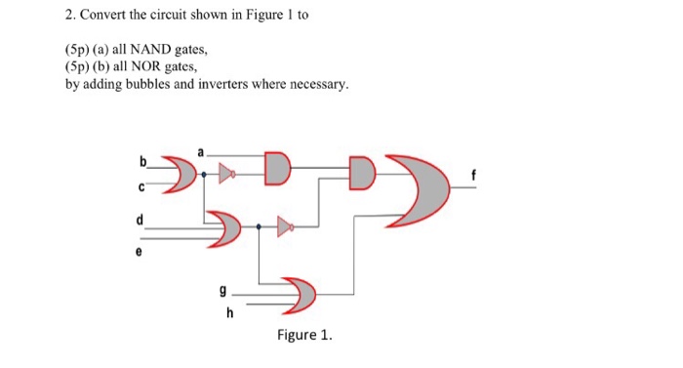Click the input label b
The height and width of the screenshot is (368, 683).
click(143, 159)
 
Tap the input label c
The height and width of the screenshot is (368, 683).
click(143, 185)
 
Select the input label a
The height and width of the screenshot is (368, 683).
click(202, 151)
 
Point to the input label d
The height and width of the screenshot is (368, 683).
click(141, 220)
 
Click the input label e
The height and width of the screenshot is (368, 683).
click(138, 250)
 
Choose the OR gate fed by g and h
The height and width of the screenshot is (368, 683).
click(298, 294)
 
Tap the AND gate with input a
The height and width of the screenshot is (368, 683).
click(277, 167)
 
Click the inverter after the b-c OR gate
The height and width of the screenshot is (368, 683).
click(226, 174)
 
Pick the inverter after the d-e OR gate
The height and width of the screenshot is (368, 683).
click(284, 227)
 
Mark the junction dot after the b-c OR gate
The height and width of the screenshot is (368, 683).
click(203, 174)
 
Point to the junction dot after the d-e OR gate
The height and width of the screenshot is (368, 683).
click(259, 227)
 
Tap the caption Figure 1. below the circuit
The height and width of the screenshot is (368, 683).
click(303, 336)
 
